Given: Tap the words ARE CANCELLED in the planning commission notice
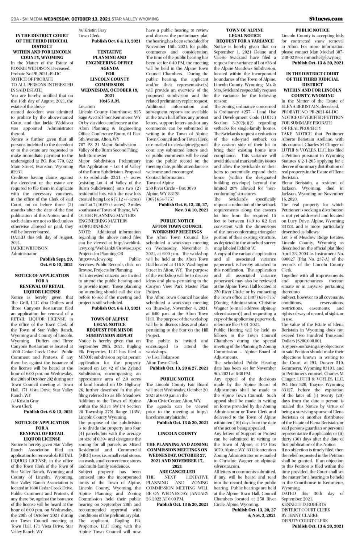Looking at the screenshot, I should [x=177, y=472].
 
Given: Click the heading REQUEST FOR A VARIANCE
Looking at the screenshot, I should [x=245, y=42].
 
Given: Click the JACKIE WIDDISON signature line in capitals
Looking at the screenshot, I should [x=29, y=248].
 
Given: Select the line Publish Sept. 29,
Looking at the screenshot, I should [x=57, y=259].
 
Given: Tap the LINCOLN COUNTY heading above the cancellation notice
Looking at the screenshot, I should [x=177, y=433].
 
